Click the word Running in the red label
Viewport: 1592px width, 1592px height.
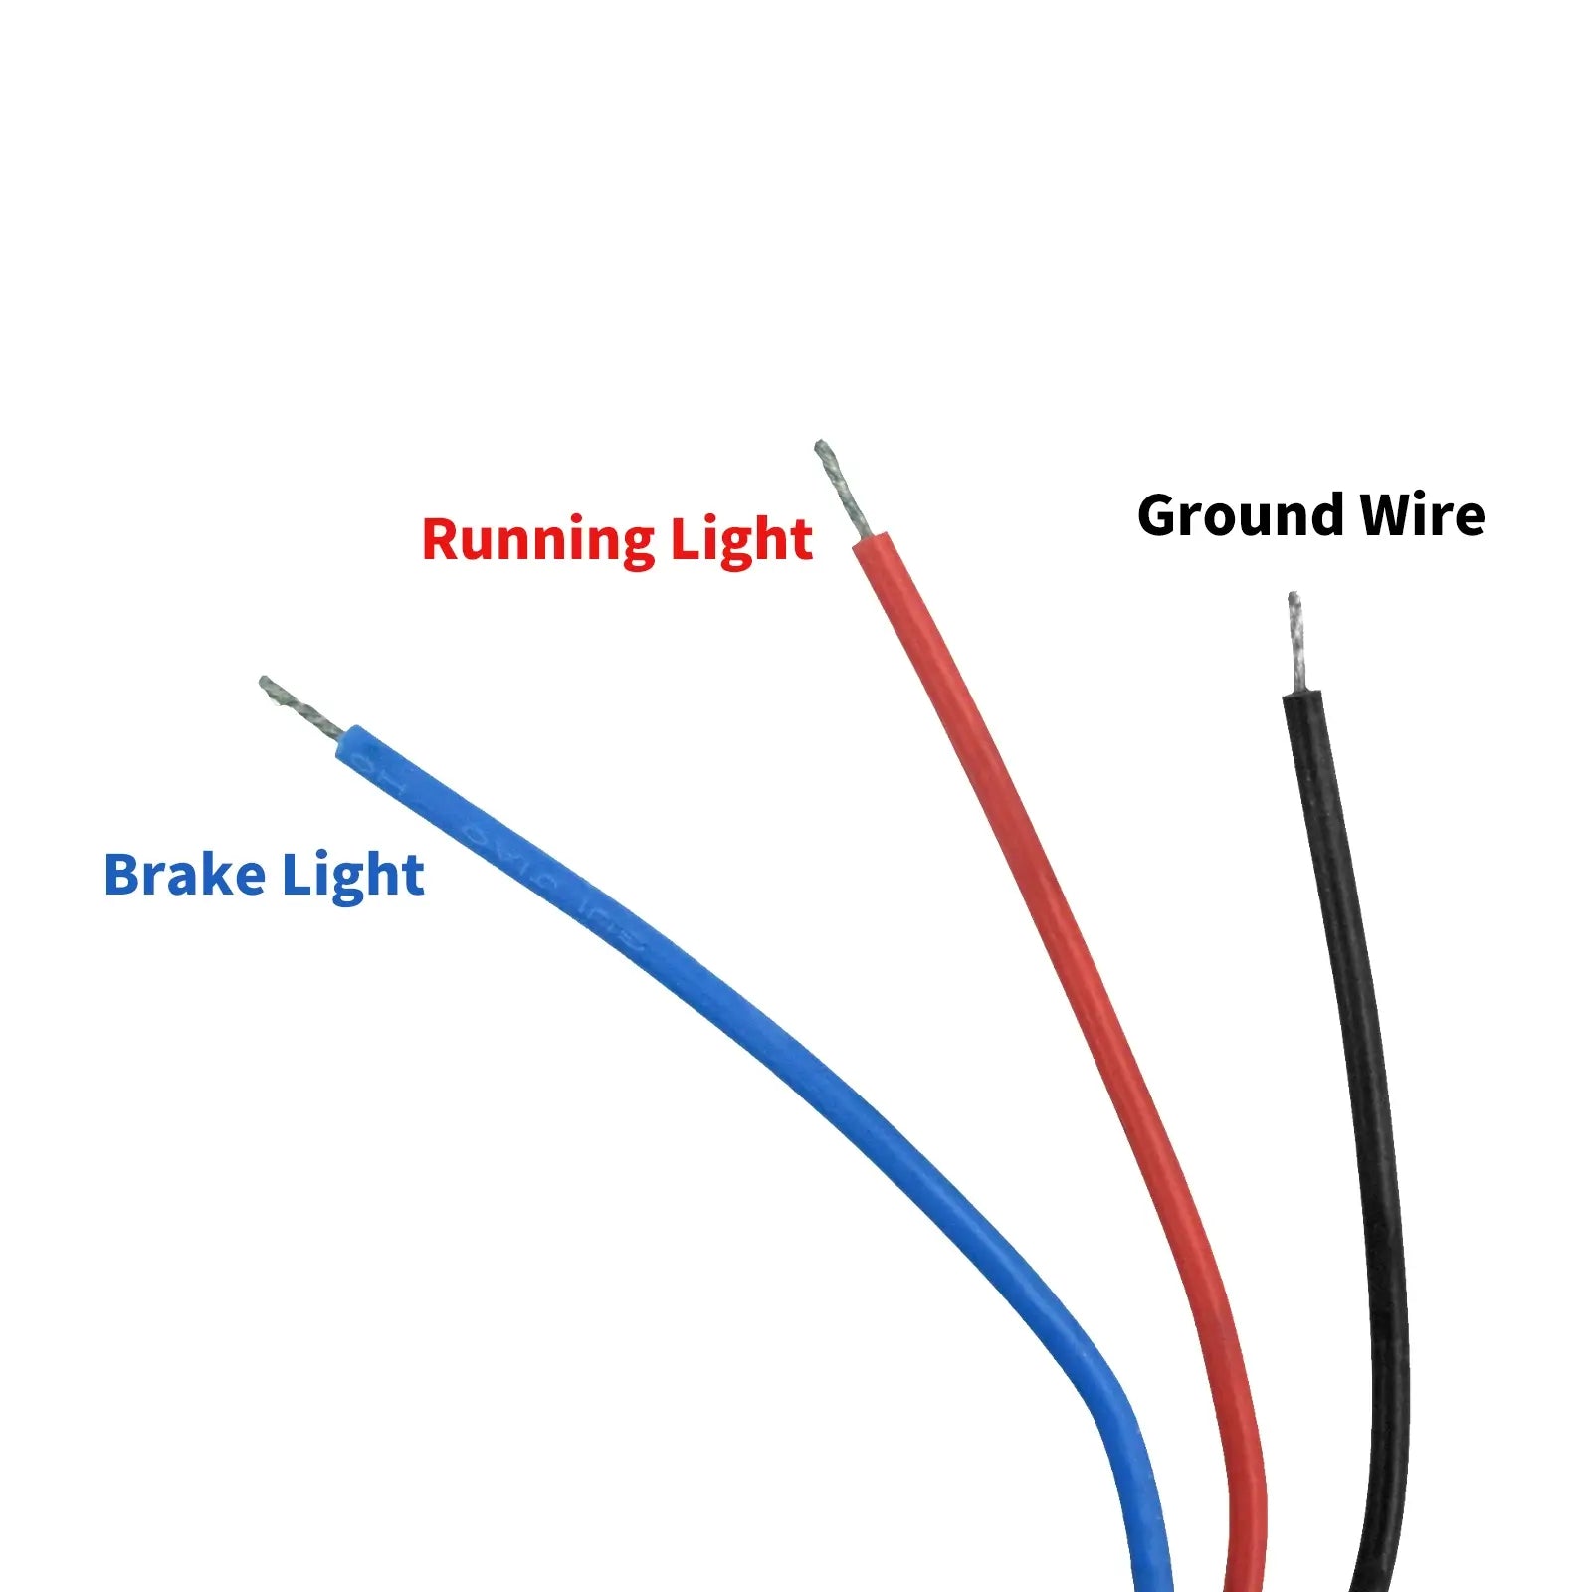click(x=537, y=541)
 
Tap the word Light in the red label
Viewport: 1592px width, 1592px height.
click(x=740, y=539)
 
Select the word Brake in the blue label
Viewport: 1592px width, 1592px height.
click(x=185, y=876)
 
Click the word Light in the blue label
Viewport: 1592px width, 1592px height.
click(x=352, y=876)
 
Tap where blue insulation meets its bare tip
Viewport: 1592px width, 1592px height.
click(x=341, y=737)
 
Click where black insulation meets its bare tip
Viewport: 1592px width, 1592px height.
click(x=1299, y=692)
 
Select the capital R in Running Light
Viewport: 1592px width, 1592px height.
click(x=442, y=539)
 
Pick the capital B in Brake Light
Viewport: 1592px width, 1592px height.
click(x=123, y=876)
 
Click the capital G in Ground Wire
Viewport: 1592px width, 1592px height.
click(x=1160, y=516)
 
